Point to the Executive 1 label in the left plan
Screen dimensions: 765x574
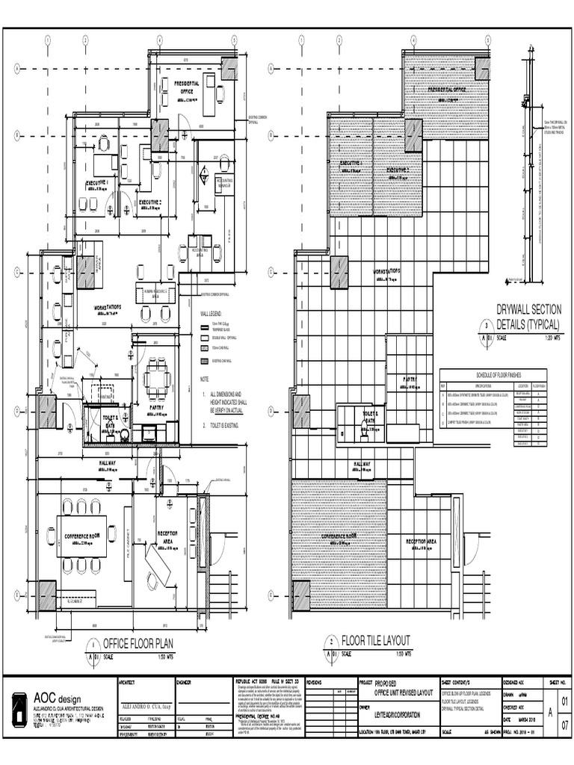pos(97,182)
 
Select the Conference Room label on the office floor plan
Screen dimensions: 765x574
pos(82,536)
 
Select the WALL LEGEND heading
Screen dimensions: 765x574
pos(212,315)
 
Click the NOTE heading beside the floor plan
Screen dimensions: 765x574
pos(204,379)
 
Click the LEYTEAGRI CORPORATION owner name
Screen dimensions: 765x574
pos(398,715)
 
